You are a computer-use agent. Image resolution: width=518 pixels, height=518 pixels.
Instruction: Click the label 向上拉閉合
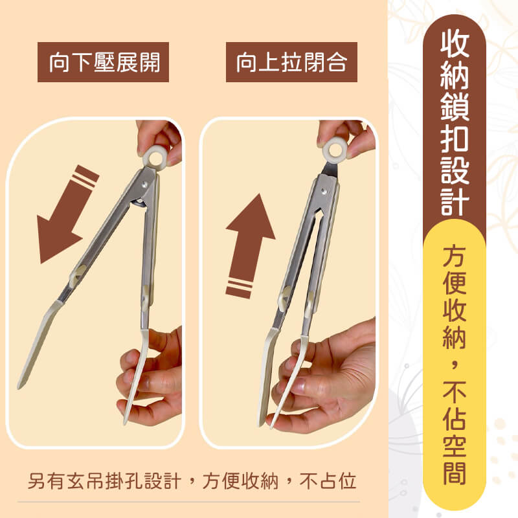[292, 62]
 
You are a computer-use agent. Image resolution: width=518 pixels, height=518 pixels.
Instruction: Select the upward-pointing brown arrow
[250, 246]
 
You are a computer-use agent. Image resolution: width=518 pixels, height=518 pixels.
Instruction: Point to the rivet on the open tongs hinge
[144, 185]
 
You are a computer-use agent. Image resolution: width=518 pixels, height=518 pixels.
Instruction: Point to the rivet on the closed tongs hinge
[324, 191]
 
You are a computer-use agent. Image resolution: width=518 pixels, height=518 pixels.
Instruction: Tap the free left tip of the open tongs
[19, 386]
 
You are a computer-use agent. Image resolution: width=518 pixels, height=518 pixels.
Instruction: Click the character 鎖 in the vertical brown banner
[455, 106]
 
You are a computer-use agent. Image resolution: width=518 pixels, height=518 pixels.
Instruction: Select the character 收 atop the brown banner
[455, 42]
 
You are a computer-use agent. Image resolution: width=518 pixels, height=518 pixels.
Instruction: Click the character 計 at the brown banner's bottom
[455, 201]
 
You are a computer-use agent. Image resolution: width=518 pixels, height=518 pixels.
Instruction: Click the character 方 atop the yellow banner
[455, 255]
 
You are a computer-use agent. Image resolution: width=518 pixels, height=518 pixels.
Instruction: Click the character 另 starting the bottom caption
[36, 480]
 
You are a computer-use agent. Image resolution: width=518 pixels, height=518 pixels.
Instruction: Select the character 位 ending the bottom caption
[347, 480]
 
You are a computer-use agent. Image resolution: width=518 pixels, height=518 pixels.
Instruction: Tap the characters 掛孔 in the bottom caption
[124, 480]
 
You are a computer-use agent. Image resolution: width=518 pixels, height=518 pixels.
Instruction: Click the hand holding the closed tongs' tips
[326, 377]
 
